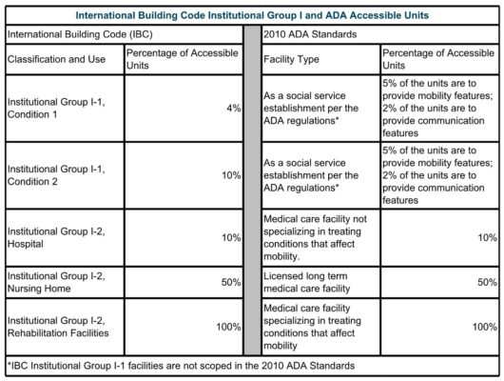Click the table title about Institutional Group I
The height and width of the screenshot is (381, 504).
252,15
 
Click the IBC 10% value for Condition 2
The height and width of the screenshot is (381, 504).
229,177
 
